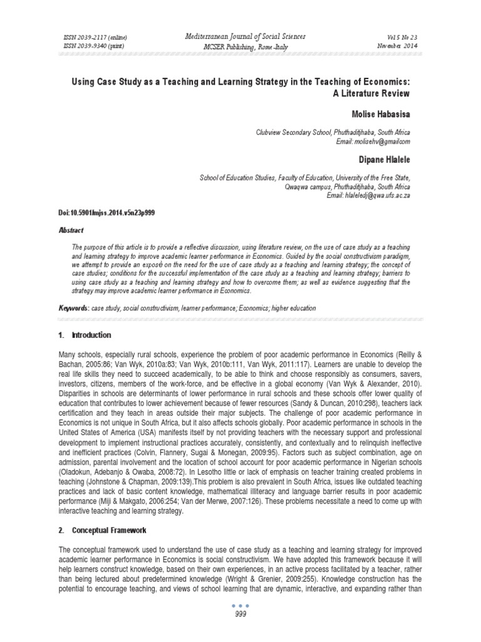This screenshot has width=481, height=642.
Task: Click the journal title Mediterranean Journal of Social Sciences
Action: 240,36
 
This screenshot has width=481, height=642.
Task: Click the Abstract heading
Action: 71,231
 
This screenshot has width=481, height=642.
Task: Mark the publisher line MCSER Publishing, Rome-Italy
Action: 240,47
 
